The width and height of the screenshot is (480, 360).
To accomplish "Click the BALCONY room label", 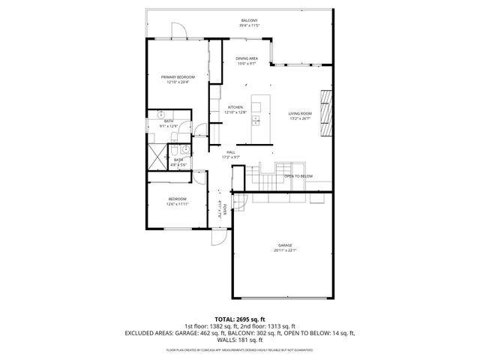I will click(x=249, y=19).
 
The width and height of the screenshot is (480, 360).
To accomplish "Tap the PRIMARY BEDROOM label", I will click(x=178, y=76).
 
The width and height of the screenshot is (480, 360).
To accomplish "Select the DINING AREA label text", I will click(x=247, y=58).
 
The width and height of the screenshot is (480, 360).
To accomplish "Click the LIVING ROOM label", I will click(x=300, y=113).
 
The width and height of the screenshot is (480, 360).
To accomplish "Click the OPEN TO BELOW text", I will click(x=298, y=176).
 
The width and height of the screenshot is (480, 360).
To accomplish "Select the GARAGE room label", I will click(x=285, y=244).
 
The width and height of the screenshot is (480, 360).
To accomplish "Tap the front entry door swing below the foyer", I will click(x=218, y=238).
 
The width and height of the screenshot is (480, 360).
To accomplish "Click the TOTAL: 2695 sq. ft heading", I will click(x=239, y=319).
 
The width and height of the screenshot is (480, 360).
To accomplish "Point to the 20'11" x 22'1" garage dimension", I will click(x=285, y=250).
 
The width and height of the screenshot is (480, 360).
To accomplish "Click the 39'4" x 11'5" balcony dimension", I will click(x=249, y=25).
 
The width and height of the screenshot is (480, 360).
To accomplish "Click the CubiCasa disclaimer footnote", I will click(x=239, y=349).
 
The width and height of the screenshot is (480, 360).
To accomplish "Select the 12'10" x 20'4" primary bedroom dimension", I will click(x=178, y=82).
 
